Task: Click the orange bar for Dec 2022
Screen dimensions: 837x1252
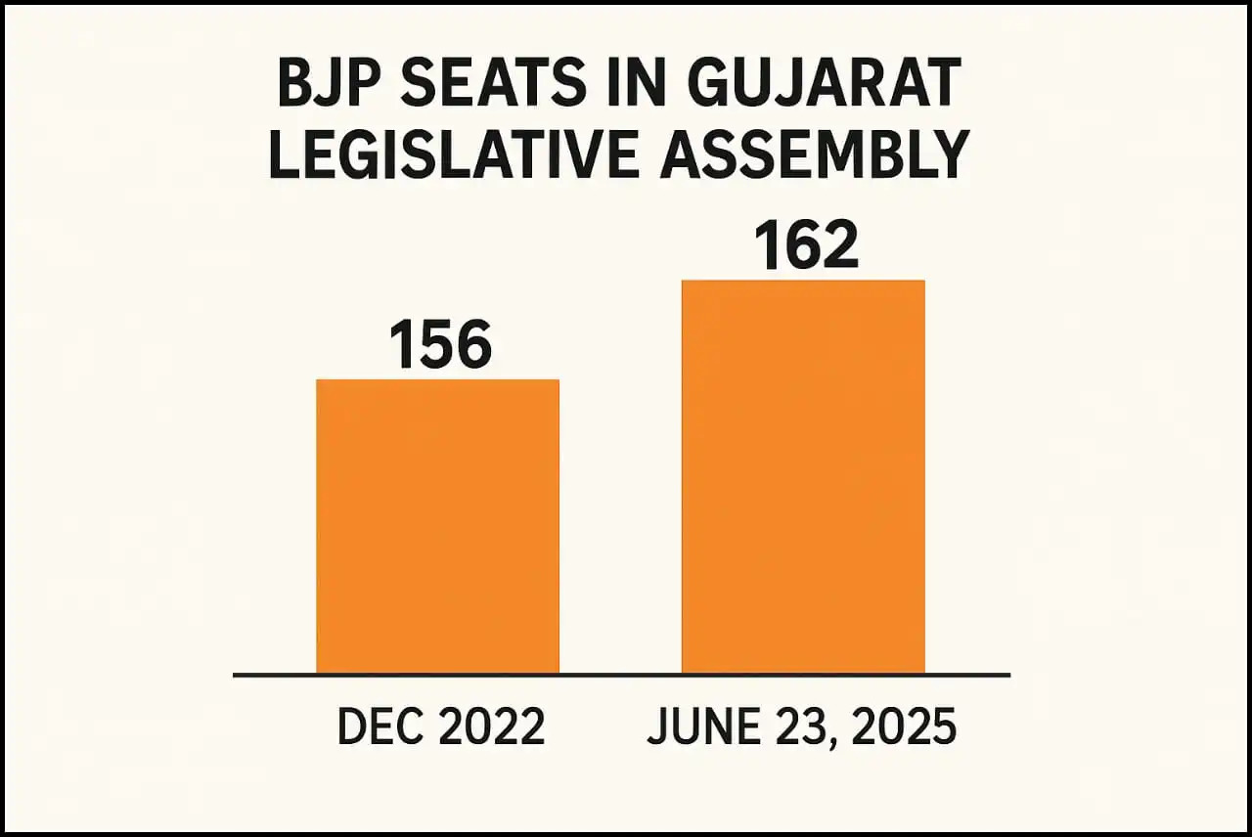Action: [437, 526]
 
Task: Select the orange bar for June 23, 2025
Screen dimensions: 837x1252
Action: [803, 476]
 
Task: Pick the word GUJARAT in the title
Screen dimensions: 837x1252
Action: [824, 85]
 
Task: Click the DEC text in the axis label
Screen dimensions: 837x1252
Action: [373, 727]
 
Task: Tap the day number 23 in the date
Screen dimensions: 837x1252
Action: [794, 727]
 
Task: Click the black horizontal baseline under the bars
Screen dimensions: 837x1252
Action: [621, 675]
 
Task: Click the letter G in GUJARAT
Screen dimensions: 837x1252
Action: [713, 85]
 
